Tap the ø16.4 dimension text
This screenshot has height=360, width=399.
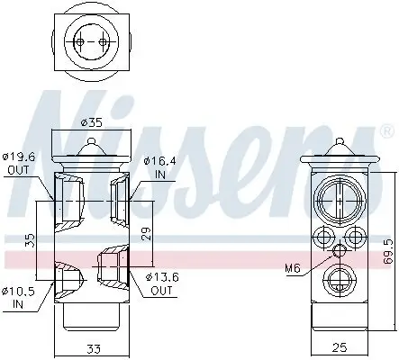[x=159, y=161]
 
